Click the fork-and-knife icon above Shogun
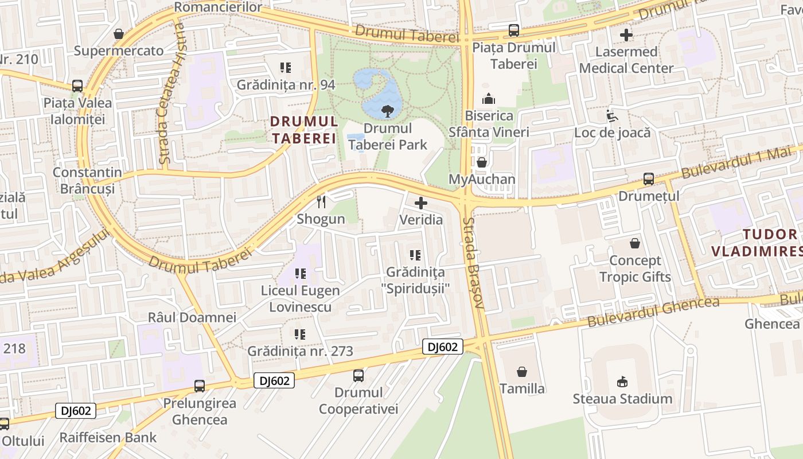(321, 201)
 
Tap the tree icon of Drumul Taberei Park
(388, 111)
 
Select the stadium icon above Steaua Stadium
(622, 382)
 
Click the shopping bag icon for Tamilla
(522, 372)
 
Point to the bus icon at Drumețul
(649, 179)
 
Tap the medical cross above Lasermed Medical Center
(626, 35)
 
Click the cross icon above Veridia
(421, 203)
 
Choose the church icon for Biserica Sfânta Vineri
(489, 99)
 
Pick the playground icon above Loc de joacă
(613, 116)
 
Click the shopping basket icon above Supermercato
(119, 34)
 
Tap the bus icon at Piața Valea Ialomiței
(77, 86)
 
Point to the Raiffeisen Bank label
(108, 438)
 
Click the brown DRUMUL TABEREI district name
(303, 130)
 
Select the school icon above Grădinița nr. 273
(300, 334)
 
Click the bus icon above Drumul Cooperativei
(358, 376)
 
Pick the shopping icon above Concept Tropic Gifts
(635, 243)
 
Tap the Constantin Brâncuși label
(87, 180)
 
